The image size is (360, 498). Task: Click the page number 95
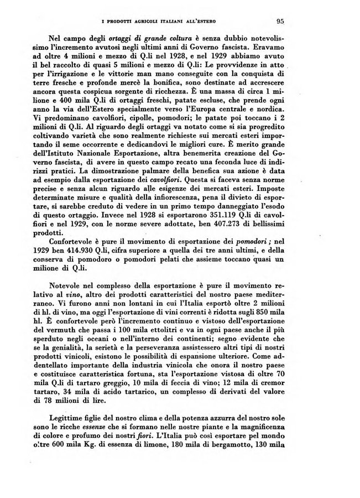click(280, 22)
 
